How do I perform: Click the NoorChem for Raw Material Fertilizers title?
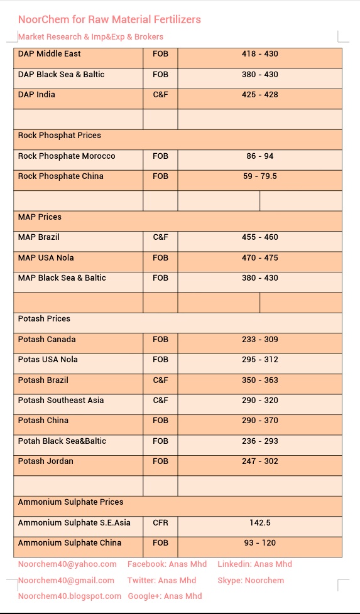click(109, 19)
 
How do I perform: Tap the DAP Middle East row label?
click(50, 54)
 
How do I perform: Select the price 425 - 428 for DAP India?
click(259, 95)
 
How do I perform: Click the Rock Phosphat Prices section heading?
click(59, 136)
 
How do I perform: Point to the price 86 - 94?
click(259, 156)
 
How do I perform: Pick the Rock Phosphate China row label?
click(61, 176)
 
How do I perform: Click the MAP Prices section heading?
click(40, 217)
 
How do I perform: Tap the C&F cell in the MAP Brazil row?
click(160, 237)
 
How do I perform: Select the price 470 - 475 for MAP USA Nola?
click(259, 258)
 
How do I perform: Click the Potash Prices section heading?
click(44, 319)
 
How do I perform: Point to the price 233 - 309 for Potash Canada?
click(259, 340)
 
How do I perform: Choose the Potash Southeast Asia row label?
click(61, 401)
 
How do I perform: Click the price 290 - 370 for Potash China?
click(259, 421)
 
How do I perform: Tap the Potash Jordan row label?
click(46, 461)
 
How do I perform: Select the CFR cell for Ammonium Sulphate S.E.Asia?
click(160, 523)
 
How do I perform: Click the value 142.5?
click(259, 523)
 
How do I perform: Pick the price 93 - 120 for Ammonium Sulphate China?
click(259, 543)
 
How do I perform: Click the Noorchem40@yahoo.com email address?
click(67, 564)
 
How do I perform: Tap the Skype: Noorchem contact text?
click(251, 581)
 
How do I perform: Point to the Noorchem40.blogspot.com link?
click(70, 596)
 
